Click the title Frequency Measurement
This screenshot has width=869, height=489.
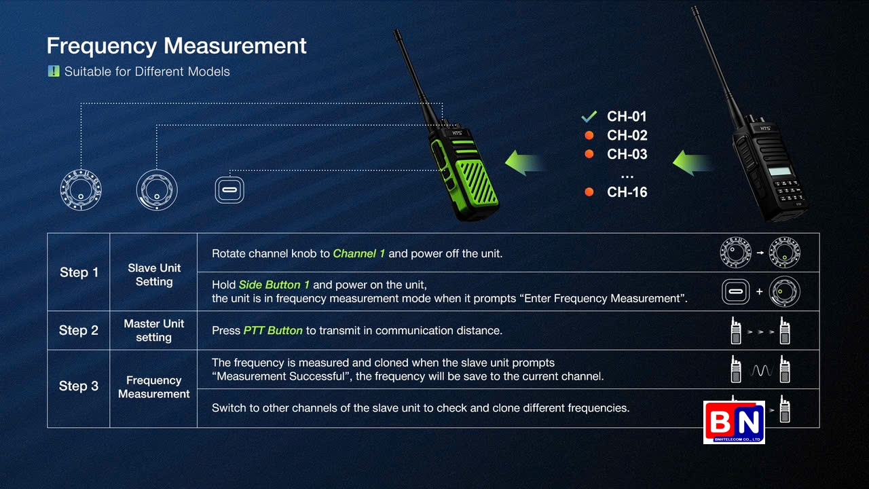click(177, 46)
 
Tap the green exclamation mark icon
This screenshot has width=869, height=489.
click(54, 71)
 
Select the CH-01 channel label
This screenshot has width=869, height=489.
click(627, 116)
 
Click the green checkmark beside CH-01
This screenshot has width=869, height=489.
click(589, 116)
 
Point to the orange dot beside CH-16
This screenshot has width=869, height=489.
click(589, 192)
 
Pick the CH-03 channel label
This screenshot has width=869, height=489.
click(627, 154)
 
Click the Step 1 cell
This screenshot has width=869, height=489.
click(79, 272)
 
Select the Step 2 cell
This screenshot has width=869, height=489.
click(79, 330)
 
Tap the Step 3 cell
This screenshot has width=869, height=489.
click(79, 386)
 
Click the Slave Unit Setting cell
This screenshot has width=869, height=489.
click(154, 274)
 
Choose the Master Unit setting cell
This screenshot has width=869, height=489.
click(154, 330)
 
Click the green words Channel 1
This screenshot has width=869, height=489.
click(359, 253)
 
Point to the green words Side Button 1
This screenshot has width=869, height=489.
click(274, 285)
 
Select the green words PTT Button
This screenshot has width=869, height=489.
click(273, 330)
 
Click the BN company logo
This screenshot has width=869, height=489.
click(734, 422)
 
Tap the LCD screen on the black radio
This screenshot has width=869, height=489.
click(780, 172)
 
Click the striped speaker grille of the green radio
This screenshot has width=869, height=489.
click(477, 183)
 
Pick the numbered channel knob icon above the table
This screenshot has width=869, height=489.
click(81, 190)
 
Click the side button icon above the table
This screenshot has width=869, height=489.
click(229, 190)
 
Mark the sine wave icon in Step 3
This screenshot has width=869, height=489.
click(760, 371)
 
